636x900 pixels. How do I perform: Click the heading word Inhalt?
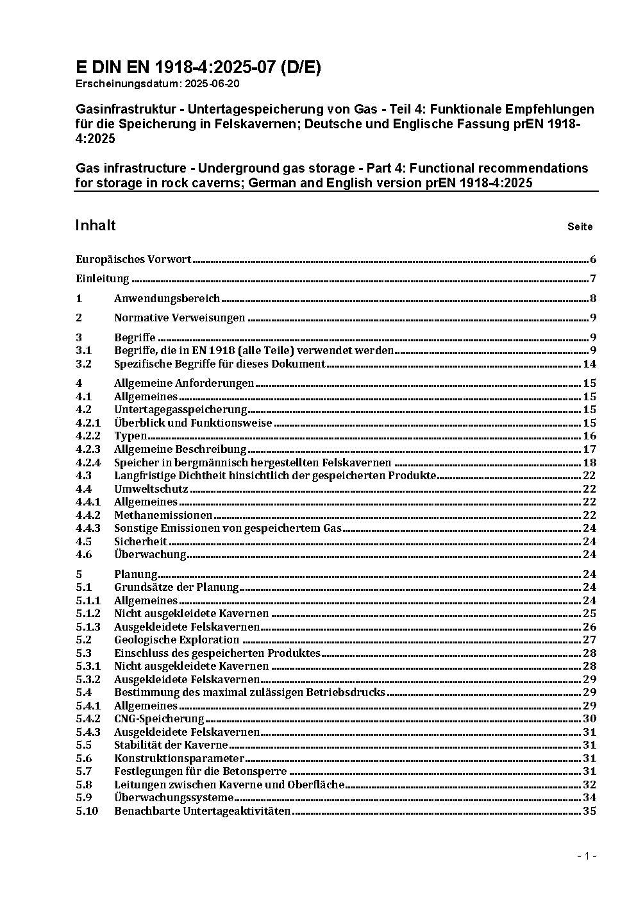pos(96,225)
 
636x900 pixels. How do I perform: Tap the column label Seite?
pos(580,226)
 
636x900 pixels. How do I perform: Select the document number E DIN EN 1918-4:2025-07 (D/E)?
pos(198,67)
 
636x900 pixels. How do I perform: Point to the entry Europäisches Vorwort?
pos(133,259)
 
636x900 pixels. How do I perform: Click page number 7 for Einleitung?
pos(593,278)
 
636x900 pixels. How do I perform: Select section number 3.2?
pos(83,364)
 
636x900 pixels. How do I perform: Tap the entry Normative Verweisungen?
pos(180,318)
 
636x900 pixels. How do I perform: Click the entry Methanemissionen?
pos(163,515)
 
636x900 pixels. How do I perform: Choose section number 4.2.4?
pos(88,463)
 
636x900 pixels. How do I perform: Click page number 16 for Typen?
pos(589,436)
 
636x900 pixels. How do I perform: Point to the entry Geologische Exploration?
pos(176,640)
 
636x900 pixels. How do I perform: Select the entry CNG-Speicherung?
pos(159,718)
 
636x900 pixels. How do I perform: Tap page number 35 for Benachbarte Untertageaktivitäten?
pos(589,811)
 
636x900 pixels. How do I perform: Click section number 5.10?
pos(87,811)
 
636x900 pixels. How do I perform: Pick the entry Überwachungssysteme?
pos(174,798)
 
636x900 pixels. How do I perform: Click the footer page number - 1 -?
pos(587,856)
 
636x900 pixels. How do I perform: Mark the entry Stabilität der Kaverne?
pos(171,745)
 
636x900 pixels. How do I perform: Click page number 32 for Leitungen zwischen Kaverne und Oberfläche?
pos(589,785)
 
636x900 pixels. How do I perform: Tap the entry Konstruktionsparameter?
pos(179,758)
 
